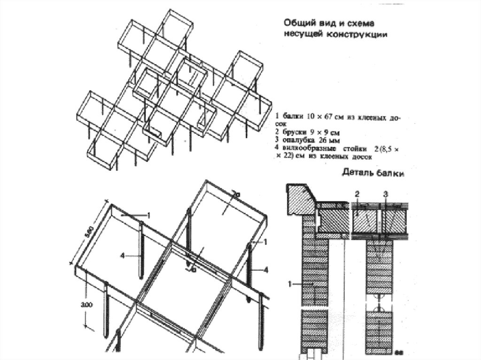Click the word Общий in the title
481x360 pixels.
point(297,23)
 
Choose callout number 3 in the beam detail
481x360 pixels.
point(385,193)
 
